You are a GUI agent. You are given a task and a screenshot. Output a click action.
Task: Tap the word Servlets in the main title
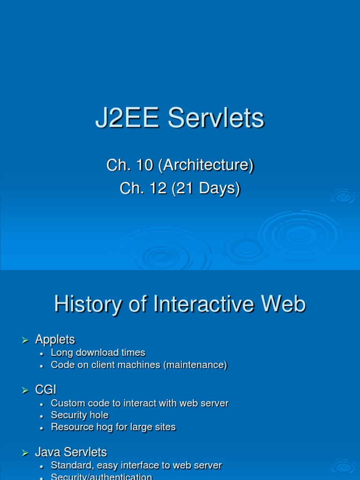pos(216,119)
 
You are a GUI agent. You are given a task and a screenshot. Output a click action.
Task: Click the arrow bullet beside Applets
pos(26,340)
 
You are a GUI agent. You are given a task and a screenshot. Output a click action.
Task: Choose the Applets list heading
pos(55,339)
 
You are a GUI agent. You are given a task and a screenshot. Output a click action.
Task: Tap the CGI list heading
pos(45,390)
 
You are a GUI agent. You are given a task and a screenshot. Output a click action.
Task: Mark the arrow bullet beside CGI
pos(26,390)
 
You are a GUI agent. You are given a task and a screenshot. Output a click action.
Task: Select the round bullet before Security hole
pos(42,416)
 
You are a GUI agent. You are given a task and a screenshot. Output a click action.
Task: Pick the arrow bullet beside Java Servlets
pos(26,453)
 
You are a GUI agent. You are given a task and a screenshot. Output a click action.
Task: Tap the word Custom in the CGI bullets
pos(67,403)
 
